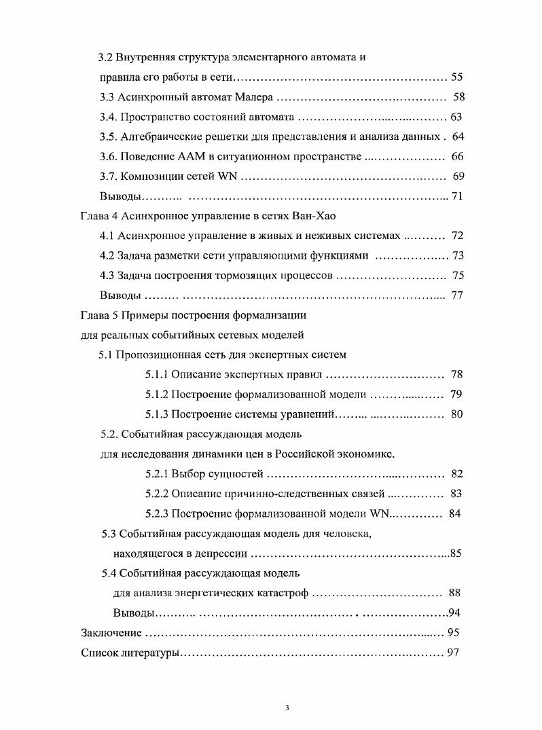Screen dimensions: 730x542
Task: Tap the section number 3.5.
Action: (108, 136)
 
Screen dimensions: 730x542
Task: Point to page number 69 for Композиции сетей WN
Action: (458, 177)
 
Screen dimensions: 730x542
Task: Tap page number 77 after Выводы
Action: (456, 295)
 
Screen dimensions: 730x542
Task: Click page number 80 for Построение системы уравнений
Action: (456, 414)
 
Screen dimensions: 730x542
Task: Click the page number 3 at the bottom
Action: (287, 709)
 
